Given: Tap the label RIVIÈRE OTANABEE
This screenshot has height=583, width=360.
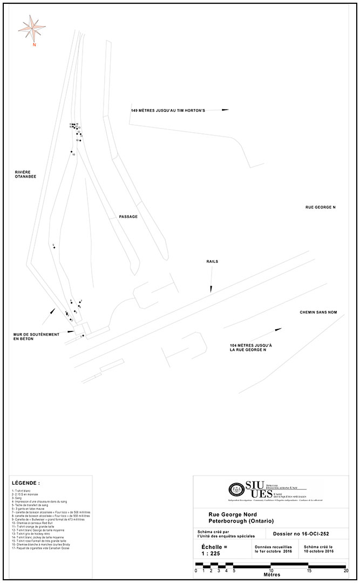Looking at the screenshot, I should point(25,174).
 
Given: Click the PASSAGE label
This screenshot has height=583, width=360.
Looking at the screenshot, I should point(128,216).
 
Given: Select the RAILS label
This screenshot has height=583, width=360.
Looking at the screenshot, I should point(212,262).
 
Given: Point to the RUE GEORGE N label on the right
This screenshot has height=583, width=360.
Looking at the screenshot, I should point(321,207).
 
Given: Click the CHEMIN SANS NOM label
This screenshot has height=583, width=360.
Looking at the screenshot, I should point(318,313).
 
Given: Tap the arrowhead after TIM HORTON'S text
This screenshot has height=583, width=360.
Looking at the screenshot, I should point(225,110).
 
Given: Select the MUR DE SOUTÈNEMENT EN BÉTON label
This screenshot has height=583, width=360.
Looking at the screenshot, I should point(31,336).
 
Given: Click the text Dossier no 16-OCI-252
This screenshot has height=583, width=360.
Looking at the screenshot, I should point(302,534).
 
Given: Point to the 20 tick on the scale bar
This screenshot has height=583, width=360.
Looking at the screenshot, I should point(345,570).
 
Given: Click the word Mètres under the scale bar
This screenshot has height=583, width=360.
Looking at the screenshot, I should point(271,574).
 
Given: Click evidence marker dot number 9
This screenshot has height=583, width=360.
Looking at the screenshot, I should point(55,247).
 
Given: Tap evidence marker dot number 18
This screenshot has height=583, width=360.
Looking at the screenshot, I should point(71,152).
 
